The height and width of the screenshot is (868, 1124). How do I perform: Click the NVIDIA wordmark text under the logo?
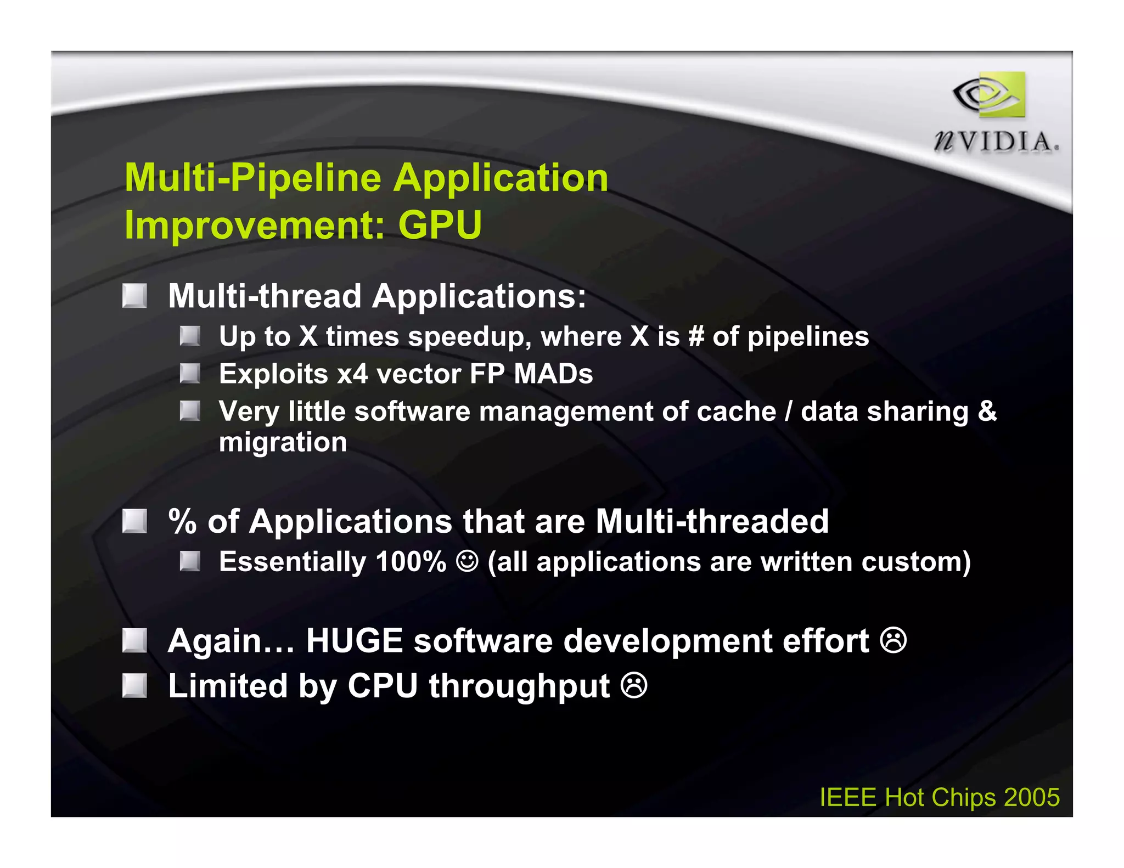pos(996,142)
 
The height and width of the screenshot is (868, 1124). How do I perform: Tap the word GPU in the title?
pos(440,225)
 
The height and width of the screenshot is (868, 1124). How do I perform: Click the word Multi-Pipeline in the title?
pos(252,178)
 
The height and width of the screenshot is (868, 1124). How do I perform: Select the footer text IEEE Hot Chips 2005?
pos(939,797)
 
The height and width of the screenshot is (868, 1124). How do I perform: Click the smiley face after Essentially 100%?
pos(467,561)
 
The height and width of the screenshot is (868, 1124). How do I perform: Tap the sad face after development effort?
pos(893,640)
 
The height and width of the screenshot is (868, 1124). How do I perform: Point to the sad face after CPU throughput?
pos(634,686)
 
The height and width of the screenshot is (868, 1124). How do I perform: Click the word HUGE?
pos(354,640)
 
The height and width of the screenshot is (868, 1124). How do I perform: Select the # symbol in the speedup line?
pos(696,336)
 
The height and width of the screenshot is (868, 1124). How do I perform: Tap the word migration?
pos(283,442)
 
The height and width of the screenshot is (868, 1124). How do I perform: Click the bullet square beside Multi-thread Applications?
pos(134,296)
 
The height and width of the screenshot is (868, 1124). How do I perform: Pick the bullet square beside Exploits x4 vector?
pos(190,374)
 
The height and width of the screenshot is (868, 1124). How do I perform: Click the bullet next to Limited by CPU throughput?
pos(134,685)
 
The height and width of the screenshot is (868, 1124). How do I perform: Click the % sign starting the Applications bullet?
pos(182,521)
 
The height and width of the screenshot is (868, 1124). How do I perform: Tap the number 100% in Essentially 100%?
pos(411,561)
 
